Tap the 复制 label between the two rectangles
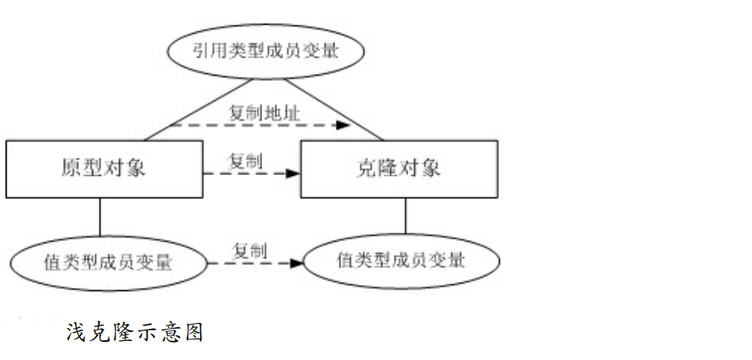click(246, 159)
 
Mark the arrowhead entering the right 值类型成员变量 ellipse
click(297, 263)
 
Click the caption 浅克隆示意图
click(134, 332)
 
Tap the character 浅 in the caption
click(76, 332)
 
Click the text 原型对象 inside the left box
click(104, 168)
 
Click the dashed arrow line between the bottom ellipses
click(247, 263)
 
